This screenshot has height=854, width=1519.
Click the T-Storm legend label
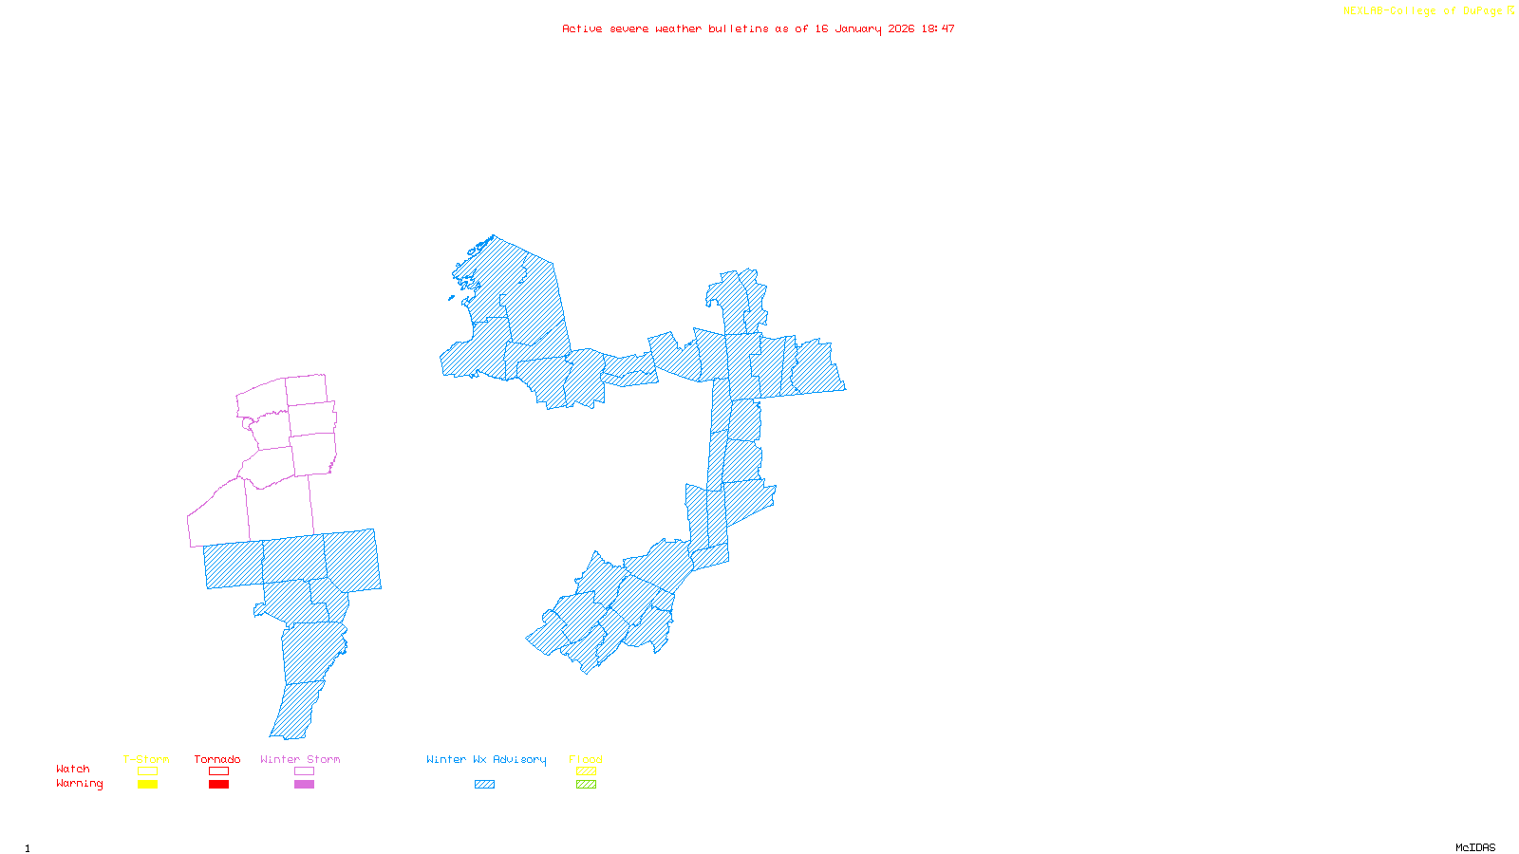(146, 759)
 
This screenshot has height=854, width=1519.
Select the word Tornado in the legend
(217, 759)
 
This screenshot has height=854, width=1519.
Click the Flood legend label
(586, 759)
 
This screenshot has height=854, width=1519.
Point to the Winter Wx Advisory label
(486, 759)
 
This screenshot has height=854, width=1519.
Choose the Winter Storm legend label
(300, 759)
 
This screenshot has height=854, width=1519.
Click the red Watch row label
(73, 769)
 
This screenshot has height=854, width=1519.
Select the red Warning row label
(80, 784)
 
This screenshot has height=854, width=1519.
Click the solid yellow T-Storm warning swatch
(147, 785)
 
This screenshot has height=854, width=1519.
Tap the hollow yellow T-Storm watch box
(147, 771)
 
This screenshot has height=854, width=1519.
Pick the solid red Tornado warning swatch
(218, 785)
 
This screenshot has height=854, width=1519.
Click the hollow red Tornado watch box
(218, 771)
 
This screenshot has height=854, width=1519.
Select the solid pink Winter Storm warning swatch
(304, 785)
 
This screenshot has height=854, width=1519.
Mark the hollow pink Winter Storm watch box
(304, 771)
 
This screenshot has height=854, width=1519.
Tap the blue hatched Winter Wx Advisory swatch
(484, 785)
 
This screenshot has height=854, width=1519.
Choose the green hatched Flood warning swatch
(586, 785)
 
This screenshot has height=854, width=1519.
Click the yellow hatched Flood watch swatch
(586, 771)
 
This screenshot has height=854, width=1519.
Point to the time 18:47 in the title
(938, 28)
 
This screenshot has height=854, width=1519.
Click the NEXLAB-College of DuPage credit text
(1423, 11)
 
